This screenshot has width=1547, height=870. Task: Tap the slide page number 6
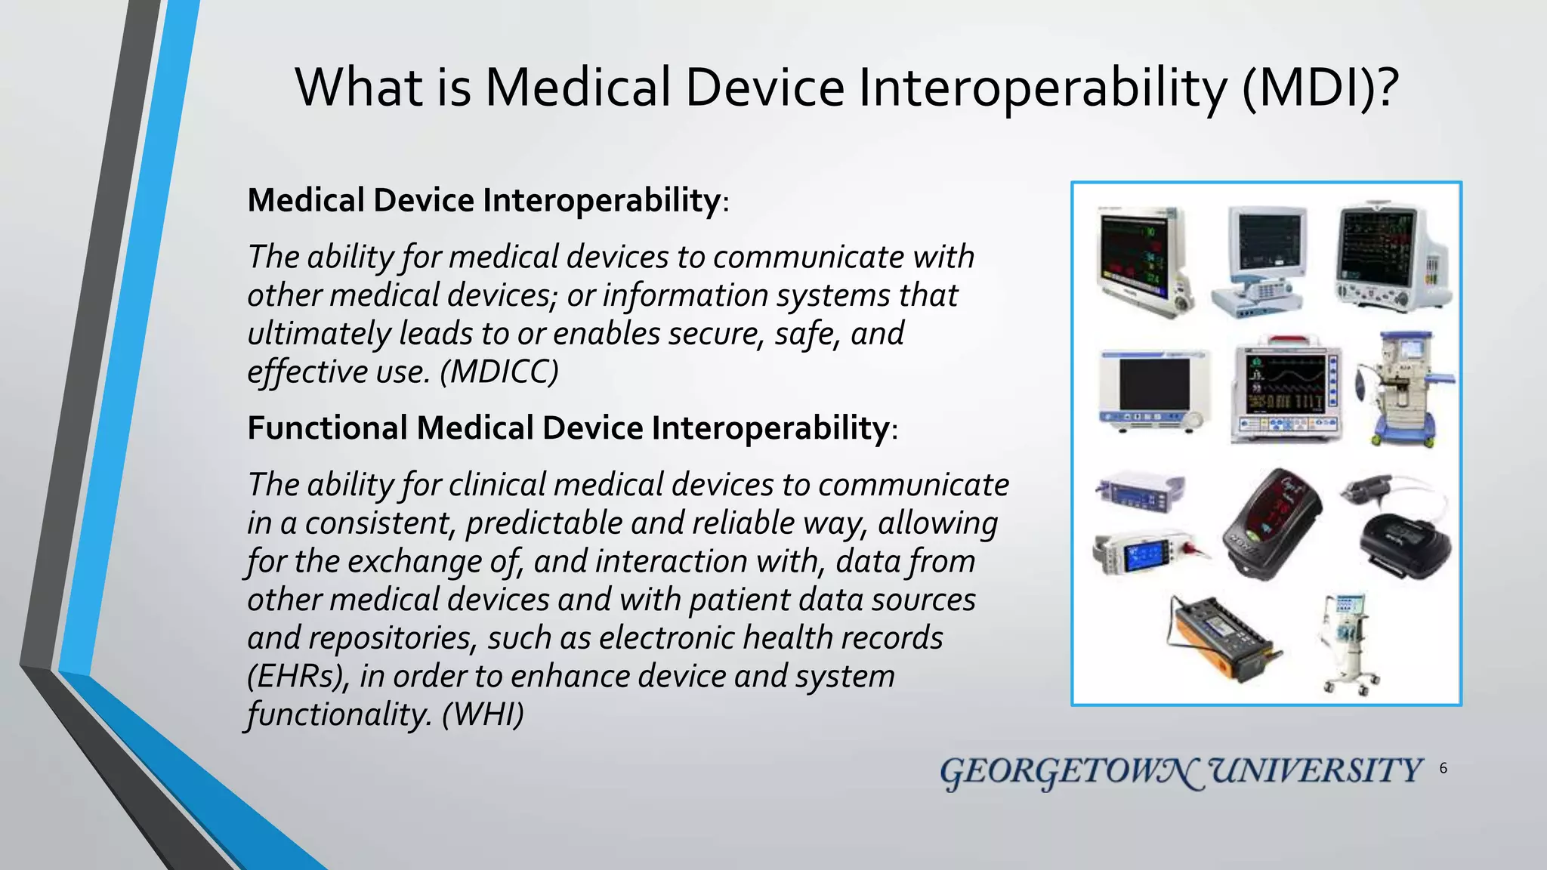click(x=1443, y=769)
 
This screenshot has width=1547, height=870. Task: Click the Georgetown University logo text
click(x=1181, y=772)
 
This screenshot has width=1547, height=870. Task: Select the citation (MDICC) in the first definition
click(x=499, y=372)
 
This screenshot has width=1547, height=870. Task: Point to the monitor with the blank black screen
click(x=1153, y=390)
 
